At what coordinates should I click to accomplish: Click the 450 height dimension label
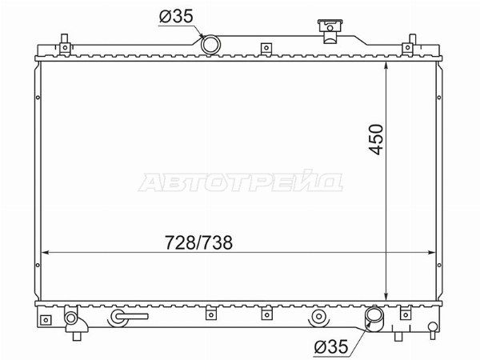[x=376, y=139]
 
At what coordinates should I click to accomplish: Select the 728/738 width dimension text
[x=198, y=242]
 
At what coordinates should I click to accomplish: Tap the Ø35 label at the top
[x=176, y=16]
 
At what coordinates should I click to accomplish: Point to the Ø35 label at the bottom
[x=331, y=346]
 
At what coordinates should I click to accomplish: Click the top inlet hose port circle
[x=210, y=45]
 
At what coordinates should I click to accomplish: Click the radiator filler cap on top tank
[x=330, y=30]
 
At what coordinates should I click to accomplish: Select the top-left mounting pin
[x=65, y=45]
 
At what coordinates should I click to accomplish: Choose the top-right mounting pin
[x=408, y=45]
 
